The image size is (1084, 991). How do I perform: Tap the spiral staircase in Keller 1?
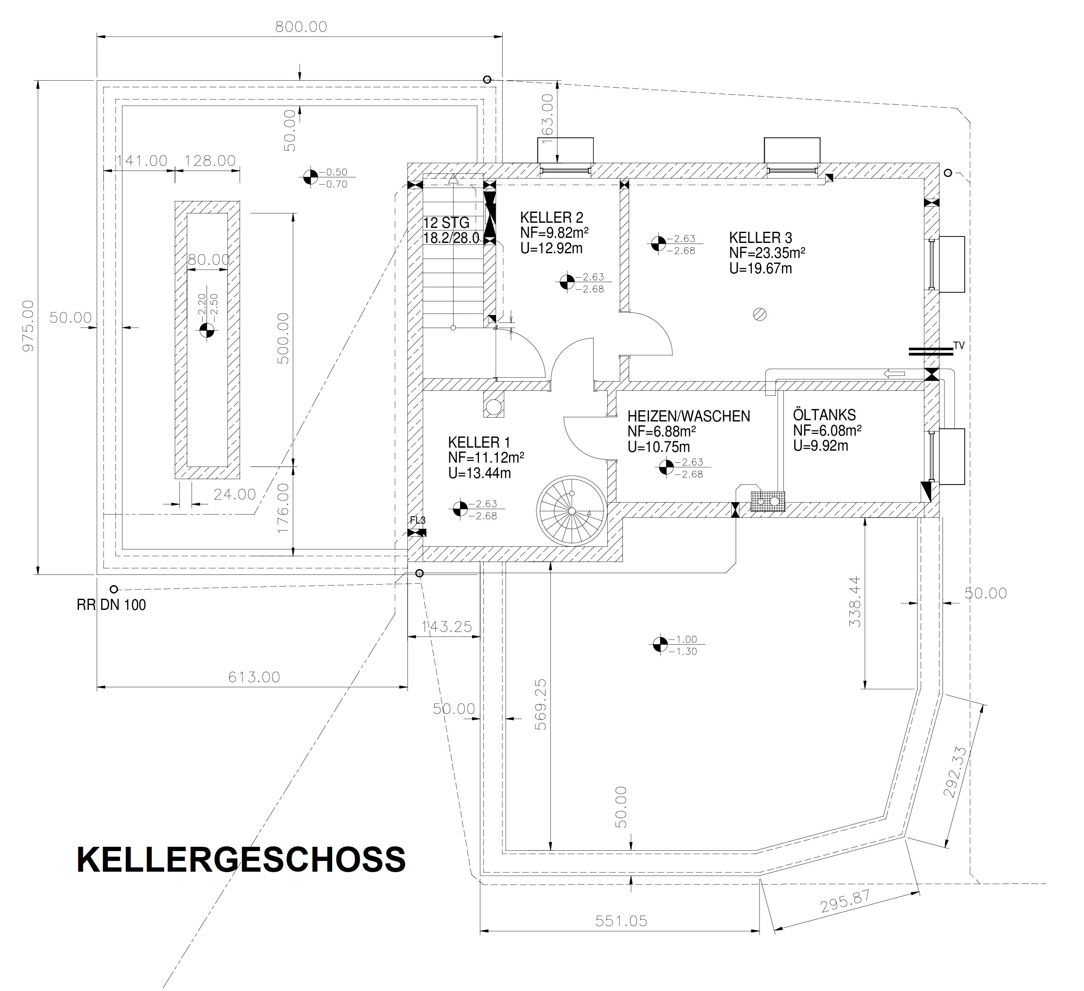tap(571, 510)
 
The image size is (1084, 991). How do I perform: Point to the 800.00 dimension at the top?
tap(301, 26)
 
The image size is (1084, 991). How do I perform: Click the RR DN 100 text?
tap(111, 605)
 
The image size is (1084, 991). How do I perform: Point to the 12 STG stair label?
tap(446, 223)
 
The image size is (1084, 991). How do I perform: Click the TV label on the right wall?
tap(959, 345)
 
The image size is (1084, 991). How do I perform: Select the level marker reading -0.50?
tap(310, 177)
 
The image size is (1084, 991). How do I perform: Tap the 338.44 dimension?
tap(854, 602)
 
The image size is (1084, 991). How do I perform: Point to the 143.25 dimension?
tap(446, 627)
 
